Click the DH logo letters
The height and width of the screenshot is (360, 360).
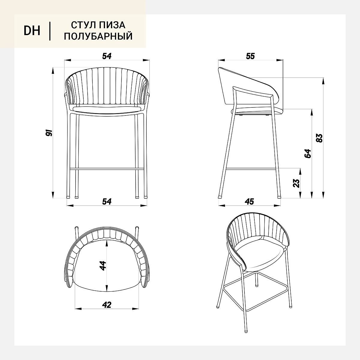click(x=32, y=31)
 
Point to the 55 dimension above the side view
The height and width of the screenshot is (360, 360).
click(x=250, y=56)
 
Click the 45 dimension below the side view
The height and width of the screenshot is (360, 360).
click(x=249, y=202)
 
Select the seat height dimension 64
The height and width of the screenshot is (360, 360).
click(x=308, y=154)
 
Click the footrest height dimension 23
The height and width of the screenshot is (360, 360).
click(x=296, y=183)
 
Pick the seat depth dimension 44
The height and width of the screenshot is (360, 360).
click(x=103, y=266)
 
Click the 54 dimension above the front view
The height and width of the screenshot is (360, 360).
click(x=107, y=56)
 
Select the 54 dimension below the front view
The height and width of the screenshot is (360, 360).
click(x=107, y=202)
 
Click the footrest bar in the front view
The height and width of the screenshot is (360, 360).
click(x=107, y=169)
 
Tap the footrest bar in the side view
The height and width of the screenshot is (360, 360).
click(x=251, y=169)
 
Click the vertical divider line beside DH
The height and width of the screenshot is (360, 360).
click(x=50, y=31)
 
